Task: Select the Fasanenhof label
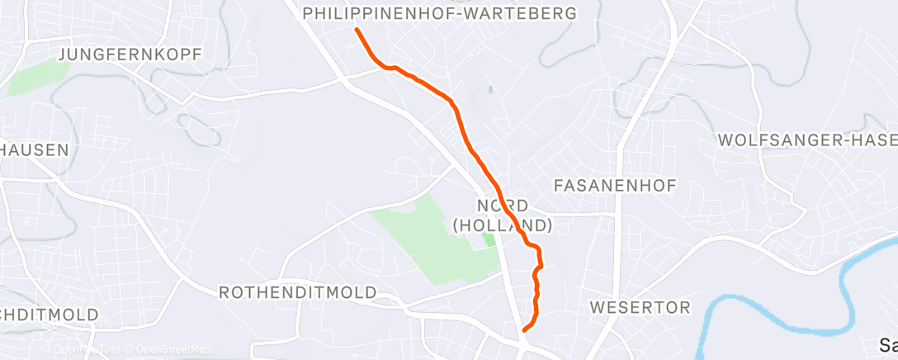coord(615,185)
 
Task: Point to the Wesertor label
coord(640,308)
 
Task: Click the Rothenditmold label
coord(297,293)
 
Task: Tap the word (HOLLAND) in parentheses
coord(502,225)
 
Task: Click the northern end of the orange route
coord(357,31)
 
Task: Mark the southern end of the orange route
coord(525,328)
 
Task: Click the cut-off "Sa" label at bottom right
coord(888,344)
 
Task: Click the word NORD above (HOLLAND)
coord(502,205)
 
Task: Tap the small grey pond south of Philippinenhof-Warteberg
coord(489,92)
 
